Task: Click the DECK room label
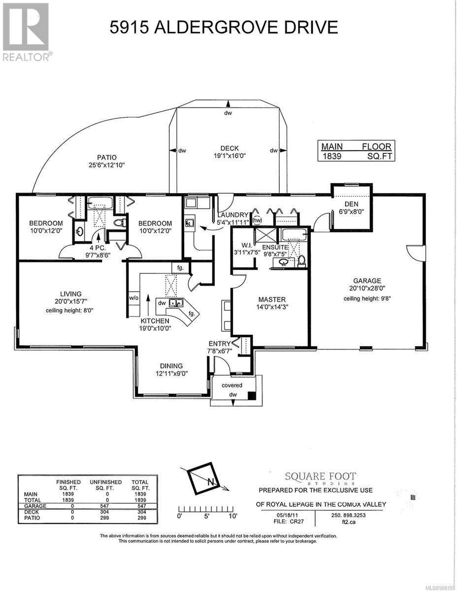229,149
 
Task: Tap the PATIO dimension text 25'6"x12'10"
106,165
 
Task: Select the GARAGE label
367,281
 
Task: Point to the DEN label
351,204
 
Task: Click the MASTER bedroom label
272,299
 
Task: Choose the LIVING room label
71,294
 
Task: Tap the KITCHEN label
155,321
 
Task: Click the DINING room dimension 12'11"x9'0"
171,374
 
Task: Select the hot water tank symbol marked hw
257,220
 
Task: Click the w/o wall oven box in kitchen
133,298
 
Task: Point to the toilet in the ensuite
301,261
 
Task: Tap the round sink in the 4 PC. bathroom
80,232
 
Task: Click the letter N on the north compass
210,482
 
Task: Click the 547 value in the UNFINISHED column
104,506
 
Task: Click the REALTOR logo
26,32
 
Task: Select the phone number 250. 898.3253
349,515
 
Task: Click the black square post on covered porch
252,395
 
